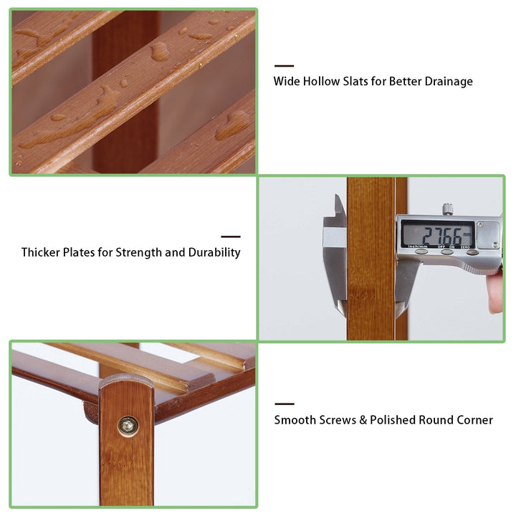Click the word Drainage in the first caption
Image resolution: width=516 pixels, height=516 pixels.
click(449, 81)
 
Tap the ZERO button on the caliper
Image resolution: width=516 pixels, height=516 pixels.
click(472, 252)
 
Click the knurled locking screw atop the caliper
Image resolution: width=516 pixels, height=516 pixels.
click(447, 209)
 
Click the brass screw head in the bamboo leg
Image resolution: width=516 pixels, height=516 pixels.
click(128, 426)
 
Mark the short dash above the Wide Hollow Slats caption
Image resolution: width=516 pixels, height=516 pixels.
click(284, 66)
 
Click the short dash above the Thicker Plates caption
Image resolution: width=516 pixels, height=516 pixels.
click(231, 236)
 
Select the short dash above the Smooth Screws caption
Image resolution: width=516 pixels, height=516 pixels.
click(285, 403)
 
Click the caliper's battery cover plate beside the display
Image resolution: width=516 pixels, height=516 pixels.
click(488, 235)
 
